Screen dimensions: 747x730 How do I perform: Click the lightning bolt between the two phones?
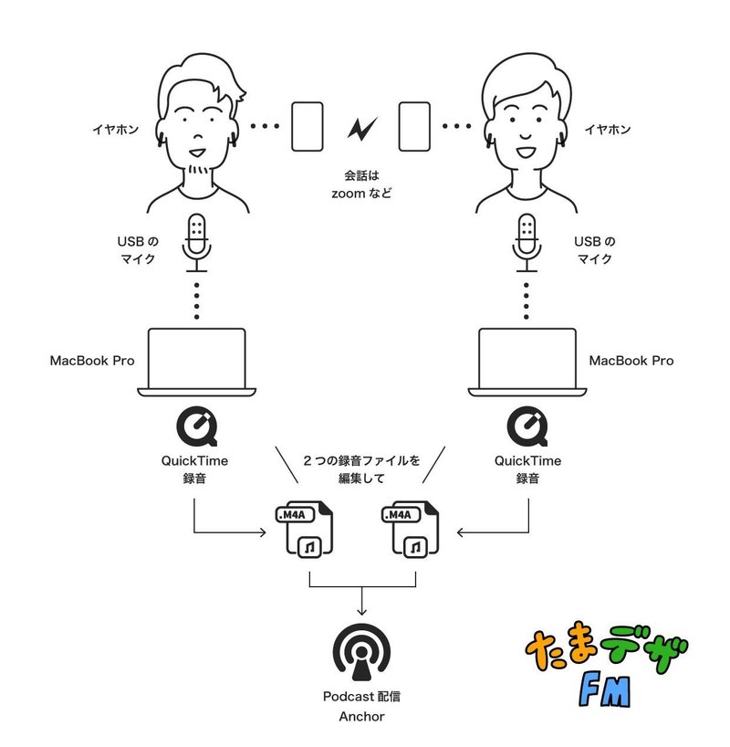(361, 128)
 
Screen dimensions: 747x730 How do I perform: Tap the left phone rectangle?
(308, 127)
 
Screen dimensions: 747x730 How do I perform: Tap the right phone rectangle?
(414, 127)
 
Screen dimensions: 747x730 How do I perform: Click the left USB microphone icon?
(197, 243)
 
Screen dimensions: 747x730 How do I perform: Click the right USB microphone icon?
(527, 243)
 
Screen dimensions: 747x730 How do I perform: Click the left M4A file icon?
(303, 530)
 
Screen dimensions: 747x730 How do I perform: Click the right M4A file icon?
(414, 530)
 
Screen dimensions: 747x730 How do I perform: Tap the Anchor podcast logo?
(362, 650)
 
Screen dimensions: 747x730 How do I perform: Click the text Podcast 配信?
(362, 696)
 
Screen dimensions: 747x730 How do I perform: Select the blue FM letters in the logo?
(603, 692)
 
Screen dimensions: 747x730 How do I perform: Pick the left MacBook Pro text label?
(92, 361)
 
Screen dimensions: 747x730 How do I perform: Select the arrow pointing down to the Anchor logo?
(362, 603)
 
